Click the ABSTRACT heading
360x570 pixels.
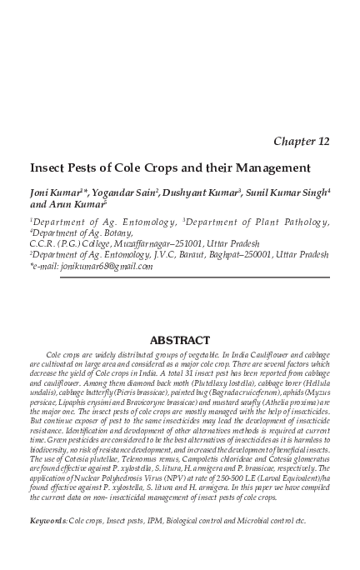pos(179,341)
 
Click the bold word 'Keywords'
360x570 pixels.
pos(47,521)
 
